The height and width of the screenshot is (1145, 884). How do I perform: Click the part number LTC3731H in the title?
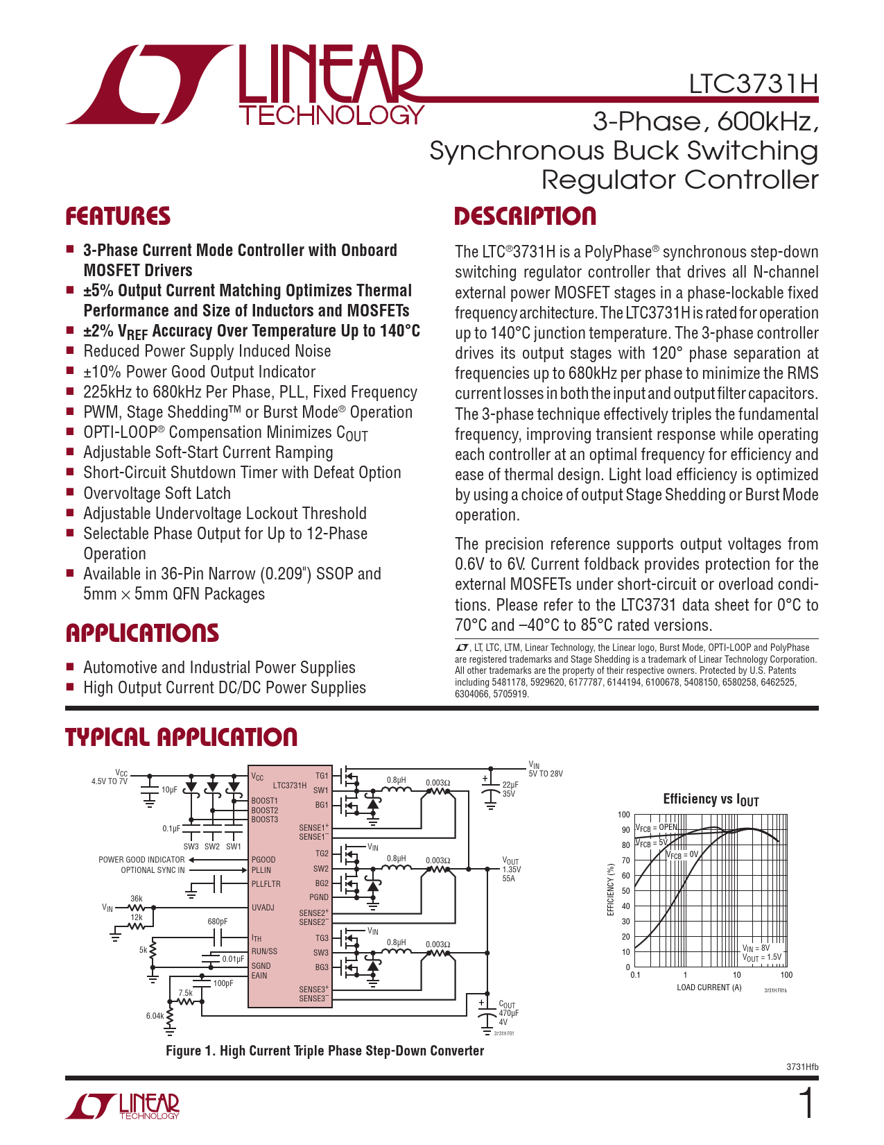point(753,84)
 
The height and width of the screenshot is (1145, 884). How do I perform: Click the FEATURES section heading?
point(118,217)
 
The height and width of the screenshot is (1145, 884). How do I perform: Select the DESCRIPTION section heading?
point(525,217)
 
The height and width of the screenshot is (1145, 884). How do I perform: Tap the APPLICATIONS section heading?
point(142,634)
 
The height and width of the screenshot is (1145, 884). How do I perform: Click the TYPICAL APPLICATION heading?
point(181,737)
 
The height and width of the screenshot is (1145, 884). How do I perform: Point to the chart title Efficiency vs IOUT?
point(711,799)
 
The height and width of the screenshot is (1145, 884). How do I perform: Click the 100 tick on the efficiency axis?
point(624,815)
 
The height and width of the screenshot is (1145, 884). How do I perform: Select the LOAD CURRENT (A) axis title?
point(709,987)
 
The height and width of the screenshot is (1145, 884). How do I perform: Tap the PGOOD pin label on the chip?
point(263,860)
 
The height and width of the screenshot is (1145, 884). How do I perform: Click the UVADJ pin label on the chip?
point(263,908)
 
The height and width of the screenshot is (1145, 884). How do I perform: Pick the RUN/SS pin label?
point(264,951)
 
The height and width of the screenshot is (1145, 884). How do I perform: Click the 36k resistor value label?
point(137,899)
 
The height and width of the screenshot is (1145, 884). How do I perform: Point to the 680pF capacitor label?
point(217,922)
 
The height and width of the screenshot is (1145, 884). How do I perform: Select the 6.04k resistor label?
point(155,1016)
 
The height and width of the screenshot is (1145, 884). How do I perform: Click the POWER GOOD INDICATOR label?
point(141,860)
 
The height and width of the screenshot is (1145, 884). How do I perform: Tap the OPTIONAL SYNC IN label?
point(153,870)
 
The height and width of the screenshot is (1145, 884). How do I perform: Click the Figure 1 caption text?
point(324,1051)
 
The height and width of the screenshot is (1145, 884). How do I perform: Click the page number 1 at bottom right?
point(807,1104)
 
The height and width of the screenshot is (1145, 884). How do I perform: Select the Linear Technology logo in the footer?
point(123,1106)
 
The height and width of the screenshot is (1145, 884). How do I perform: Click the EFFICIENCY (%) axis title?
point(611,890)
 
